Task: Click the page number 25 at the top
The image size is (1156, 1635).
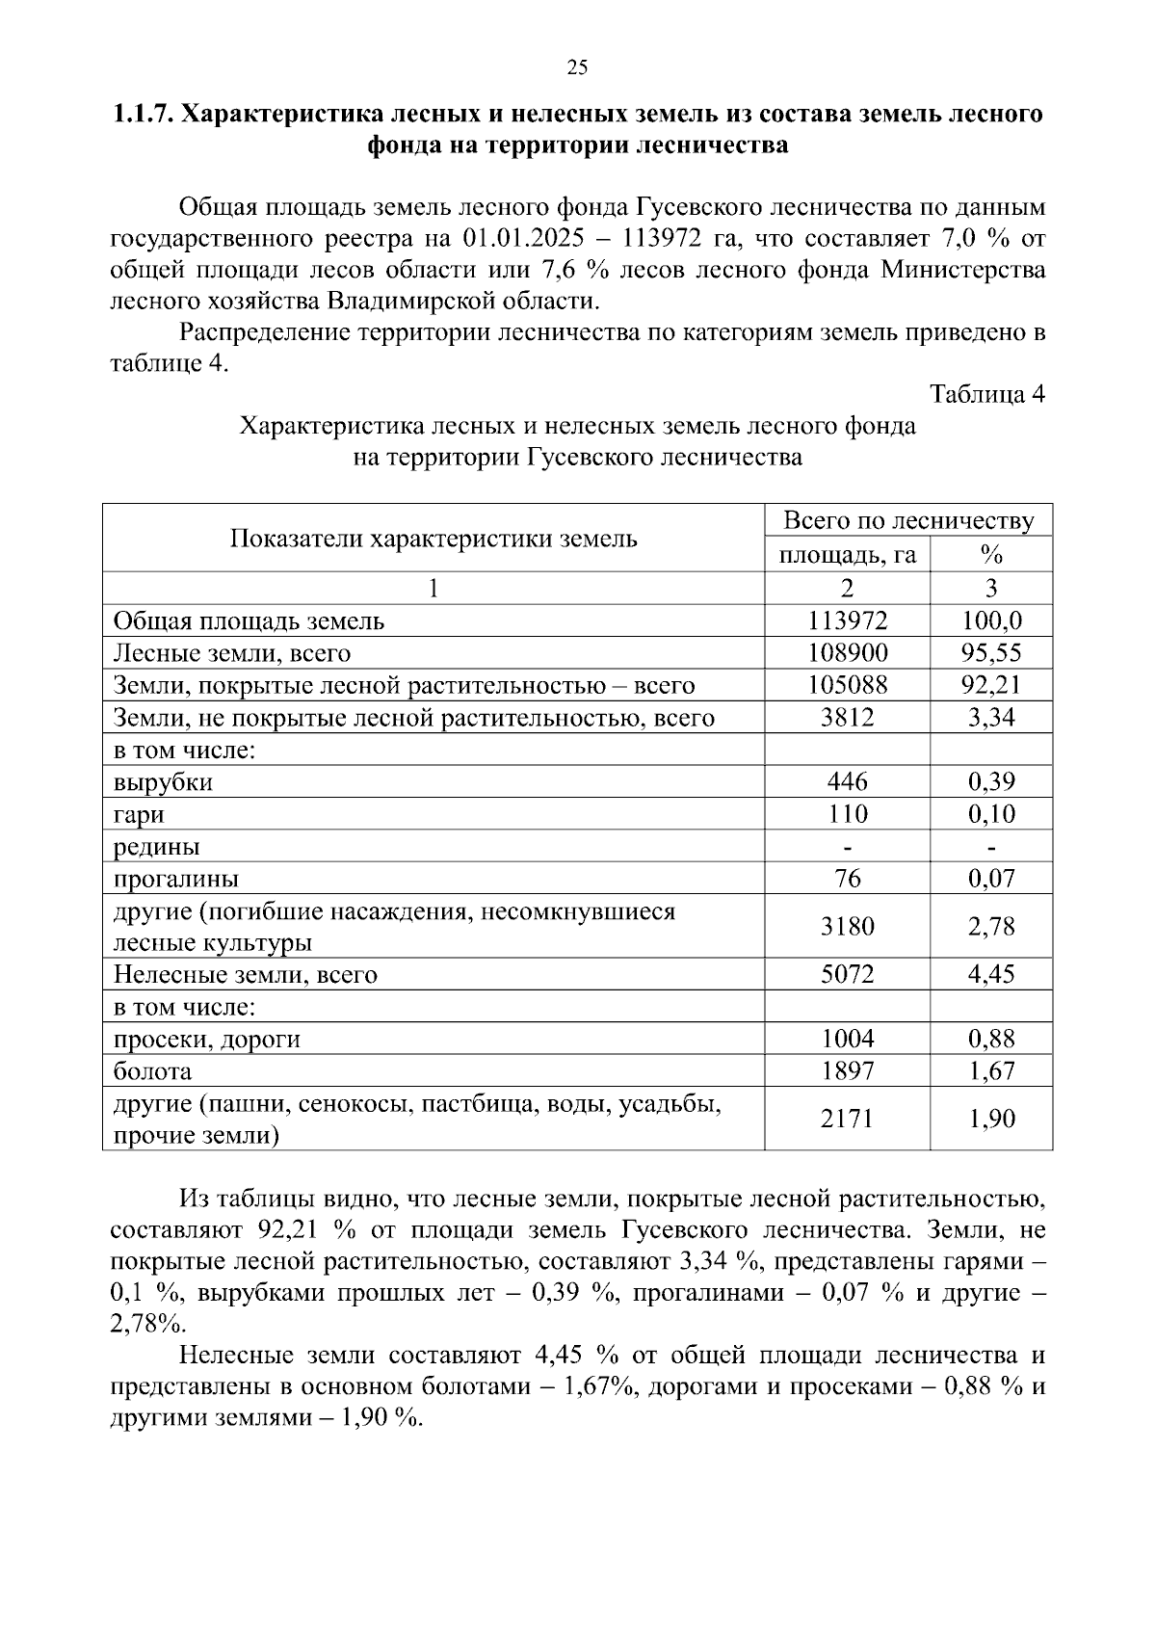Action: [x=577, y=66]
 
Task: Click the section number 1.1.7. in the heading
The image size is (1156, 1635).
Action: [x=144, y=115]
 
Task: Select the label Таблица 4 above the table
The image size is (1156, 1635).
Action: [x=986, y=394]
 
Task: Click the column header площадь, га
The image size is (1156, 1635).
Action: [x=847, y=556]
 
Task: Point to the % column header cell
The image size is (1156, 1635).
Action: [x=991, y=556]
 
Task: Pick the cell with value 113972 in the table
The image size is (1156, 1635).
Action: [x=847, y=621]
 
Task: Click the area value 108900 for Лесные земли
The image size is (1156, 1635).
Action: [x=847, y=653]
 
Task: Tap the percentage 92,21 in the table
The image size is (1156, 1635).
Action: [x=991, y=686]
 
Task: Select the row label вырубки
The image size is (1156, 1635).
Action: [x=163, y=782]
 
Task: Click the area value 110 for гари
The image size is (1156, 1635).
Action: [x=847, y=815]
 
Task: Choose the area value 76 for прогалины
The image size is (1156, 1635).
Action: [x=847, y=879]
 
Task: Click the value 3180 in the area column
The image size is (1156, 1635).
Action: [x=847, y=927]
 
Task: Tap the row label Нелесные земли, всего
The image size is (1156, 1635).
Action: [x=245, y=975]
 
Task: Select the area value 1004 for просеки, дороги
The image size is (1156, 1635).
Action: [x=847, y=1039]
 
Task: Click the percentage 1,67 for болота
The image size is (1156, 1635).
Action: [x=991, y=1071]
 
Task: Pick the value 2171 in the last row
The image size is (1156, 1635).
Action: [x=847, y=1120]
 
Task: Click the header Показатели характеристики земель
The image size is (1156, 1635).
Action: [x=433, y=539]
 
